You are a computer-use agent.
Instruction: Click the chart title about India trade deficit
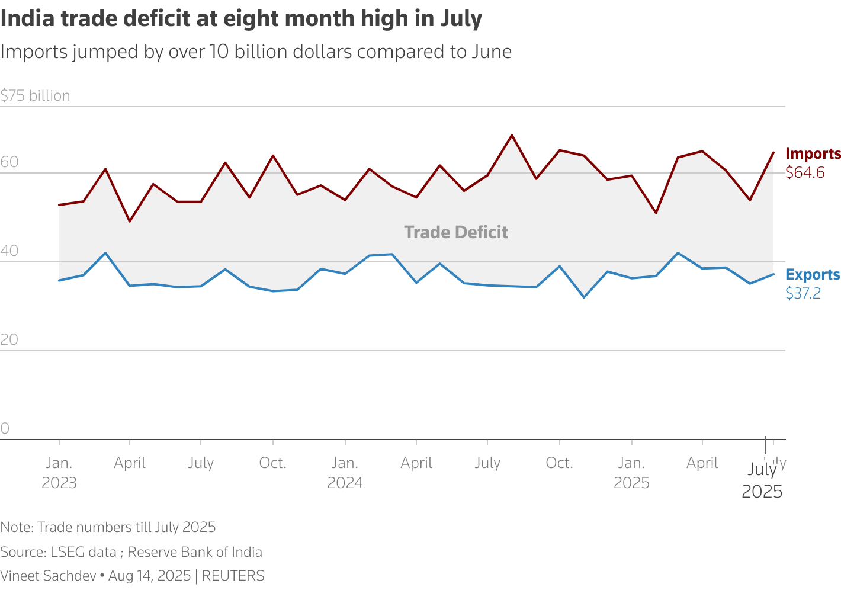pyautogui.click(x=241, y=19)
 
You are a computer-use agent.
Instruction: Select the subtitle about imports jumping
pyautogui.click(x=256, y=52)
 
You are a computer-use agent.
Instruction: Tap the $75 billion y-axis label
pyautogui.click(x=36, y=95)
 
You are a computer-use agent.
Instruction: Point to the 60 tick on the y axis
pyautogui.click(x=9, y=162)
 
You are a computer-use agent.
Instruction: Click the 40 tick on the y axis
pyautogui.click(x=9, y=251)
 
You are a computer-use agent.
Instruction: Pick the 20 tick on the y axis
pyautogui.click(x=9, y=340)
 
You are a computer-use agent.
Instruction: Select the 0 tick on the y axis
pyautogui.click(x=5, y=429)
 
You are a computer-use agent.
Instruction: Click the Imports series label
pyautogui.click(x=813, y=154)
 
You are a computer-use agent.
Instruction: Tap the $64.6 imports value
pyautogui.click(x=804, y=173)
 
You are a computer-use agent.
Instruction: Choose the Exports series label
pyautogui.click(x=812, y=275)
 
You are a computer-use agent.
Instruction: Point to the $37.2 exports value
pyautogui.click(x=803, y=293)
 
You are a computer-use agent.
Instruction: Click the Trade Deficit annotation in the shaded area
pyautogui.click(x=455, y=232)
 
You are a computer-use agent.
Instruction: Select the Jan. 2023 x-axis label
pyautogui.click(x=59, y=473)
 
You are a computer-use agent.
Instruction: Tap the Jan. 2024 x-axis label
pyautogui.click(x=345, y=473)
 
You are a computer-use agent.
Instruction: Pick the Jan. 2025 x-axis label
pyautogui.click(x=631, y=473)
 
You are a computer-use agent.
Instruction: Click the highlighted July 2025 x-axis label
pyautogui.click(x=762, y=480)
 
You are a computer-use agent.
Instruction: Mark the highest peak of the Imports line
pyautogui.click(x=512, y=135)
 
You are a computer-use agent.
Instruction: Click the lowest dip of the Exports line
pyautogui.click(x=584, y=297)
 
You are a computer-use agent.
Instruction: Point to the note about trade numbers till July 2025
pyautogui.click(x=108, y=527)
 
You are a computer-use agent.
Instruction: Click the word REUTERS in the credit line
pyautogui.click(x=233, y=576)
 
